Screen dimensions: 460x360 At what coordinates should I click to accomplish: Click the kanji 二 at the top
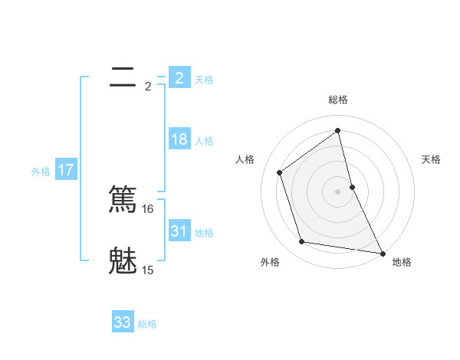click(x=123, y=77)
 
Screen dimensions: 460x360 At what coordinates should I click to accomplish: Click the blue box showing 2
click(x=179, y=77)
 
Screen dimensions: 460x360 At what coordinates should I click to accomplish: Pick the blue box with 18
click(x=179, y=139)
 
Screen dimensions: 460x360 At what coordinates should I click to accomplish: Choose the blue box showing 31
click(x=179, y=231)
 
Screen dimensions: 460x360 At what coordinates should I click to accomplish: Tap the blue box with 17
click(x=66, y=170)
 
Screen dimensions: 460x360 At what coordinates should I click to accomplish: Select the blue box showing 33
click(x=123, y=322)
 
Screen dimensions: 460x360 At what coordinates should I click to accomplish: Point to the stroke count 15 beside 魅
click(x=148, y=270)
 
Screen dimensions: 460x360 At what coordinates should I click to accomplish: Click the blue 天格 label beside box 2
click(x=204, y=80)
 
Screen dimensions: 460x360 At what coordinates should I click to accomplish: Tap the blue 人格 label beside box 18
click(x=204, y=141)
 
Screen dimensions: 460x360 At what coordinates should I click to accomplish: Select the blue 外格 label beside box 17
click(x=41, y=172)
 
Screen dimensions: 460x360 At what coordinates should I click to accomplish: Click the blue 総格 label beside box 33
click(x=147, y=324)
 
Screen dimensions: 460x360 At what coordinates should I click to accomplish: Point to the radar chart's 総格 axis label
click(x=337, y=100)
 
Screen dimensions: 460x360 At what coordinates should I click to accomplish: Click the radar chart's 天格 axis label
click(x=431, y=159)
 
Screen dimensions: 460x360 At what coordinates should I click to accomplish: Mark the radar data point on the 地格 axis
click(x=382, y=253)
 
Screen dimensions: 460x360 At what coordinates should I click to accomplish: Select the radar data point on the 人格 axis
click(x=280, y=172)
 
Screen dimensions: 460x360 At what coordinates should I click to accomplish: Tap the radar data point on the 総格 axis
click(x=337, y=130)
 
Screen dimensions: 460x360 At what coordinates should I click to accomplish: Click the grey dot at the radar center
click(x=337, y=191)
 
